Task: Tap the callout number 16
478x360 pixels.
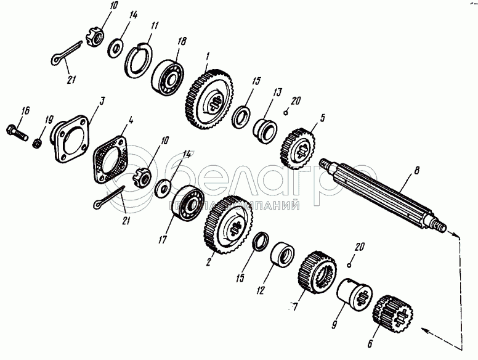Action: pyautogui.click(x=25, y=111)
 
